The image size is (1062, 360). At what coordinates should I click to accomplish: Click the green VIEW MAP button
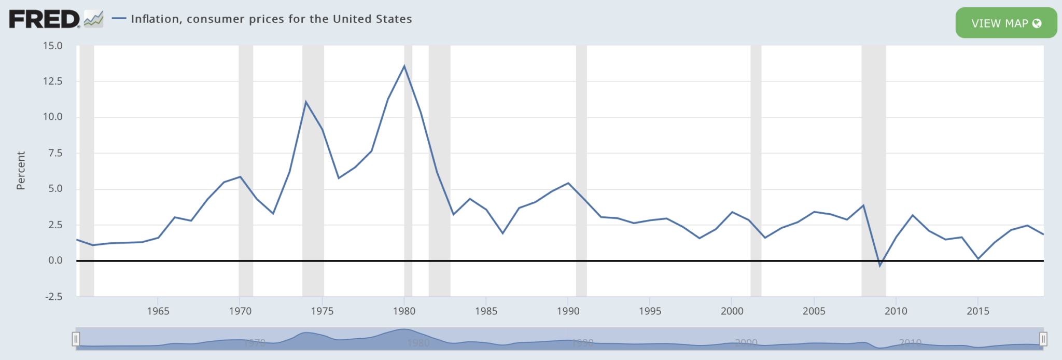[1005, 23]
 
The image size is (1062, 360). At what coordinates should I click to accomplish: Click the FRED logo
[45, 19]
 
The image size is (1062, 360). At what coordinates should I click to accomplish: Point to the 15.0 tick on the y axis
[52, 46]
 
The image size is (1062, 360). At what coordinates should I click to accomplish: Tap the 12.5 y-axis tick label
[52, 81]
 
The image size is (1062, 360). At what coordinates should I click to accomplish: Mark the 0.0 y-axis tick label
[55, 260]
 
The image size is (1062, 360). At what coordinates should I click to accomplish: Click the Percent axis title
[21, 171]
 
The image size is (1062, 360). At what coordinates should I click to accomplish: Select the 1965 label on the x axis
[158, 311]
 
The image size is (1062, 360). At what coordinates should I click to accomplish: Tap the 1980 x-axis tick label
[404, 311]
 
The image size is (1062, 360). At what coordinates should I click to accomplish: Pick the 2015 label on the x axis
[977, 311]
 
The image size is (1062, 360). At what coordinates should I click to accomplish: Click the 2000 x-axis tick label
[732, 311]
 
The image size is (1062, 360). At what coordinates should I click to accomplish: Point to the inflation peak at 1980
[404, 66]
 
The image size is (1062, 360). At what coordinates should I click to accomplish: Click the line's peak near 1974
[306, 102]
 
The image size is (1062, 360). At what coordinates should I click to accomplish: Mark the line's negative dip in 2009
[879, 266]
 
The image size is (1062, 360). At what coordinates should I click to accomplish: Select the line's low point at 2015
[978, 258]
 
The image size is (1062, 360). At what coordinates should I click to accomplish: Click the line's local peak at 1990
[568, 183]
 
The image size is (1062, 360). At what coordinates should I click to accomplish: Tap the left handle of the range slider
[76, 339]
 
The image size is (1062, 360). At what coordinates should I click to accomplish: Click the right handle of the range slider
[1043, 339]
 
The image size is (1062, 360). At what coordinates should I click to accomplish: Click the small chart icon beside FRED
[94, 19]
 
